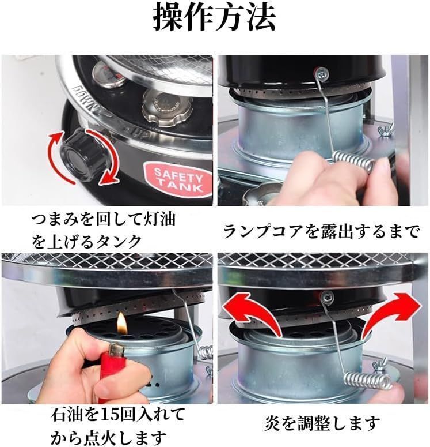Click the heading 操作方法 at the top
tap(214, 18)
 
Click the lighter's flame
tap(121, 324)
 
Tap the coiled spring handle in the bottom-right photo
tap(367, 382)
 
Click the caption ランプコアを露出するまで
tap(321, 232)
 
